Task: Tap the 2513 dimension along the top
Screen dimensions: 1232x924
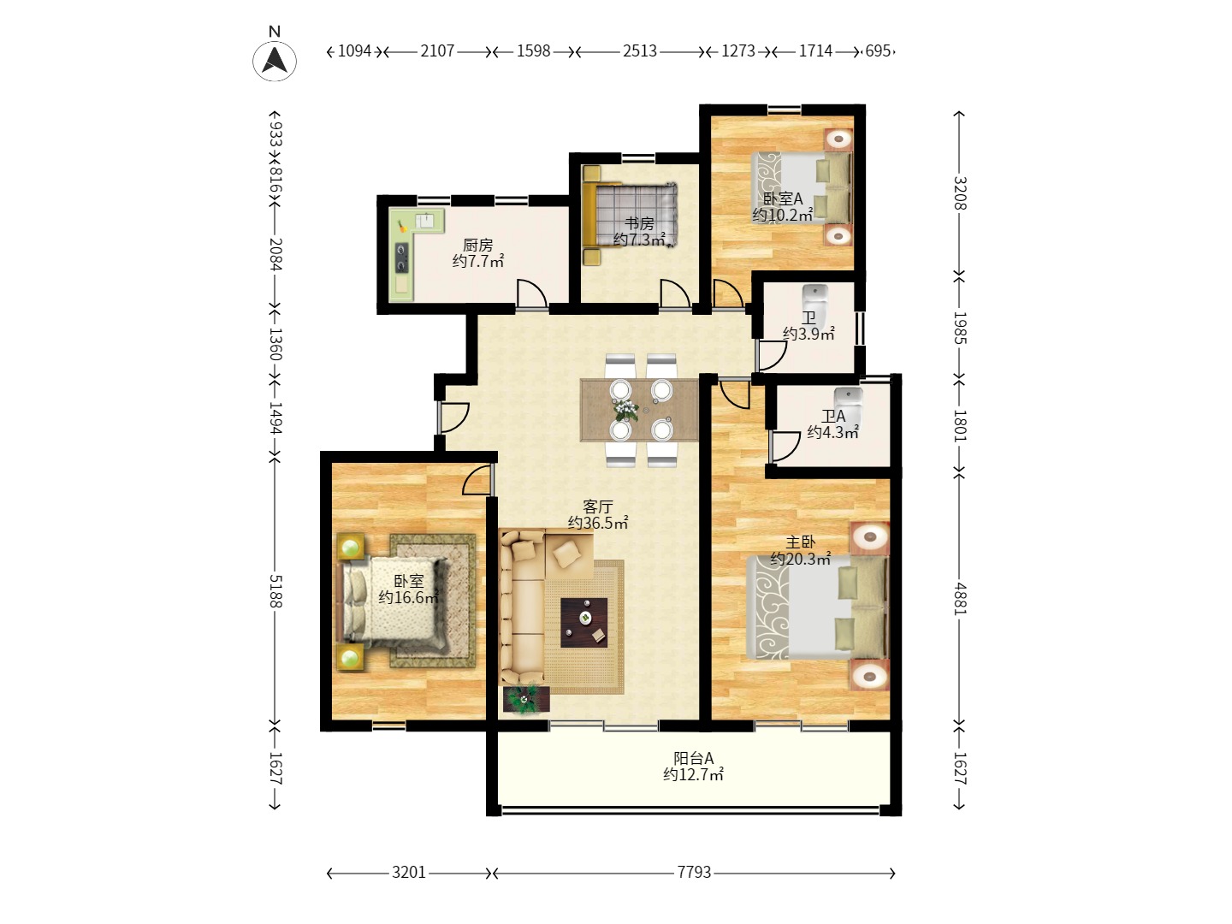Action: [639, 51]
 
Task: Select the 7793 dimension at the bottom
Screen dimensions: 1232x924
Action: [694, 872]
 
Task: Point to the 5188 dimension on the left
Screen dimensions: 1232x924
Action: [275, 591]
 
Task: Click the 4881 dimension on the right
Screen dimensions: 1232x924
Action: [960, 599]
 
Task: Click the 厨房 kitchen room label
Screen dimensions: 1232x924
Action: [477, 246]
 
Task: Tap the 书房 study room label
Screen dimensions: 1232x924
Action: [639, 223]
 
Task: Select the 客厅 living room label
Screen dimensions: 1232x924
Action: [598, 506]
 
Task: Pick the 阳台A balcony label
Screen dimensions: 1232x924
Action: [694, 758]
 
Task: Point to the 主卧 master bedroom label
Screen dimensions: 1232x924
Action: [801, 542]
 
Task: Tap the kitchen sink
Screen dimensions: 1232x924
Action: [425, 220]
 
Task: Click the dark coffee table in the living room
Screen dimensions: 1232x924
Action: [583, 622]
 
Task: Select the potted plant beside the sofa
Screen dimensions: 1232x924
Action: [525, 699]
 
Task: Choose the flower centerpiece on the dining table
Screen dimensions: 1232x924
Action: [625, 410]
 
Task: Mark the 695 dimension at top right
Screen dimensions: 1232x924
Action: [878, 51]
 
